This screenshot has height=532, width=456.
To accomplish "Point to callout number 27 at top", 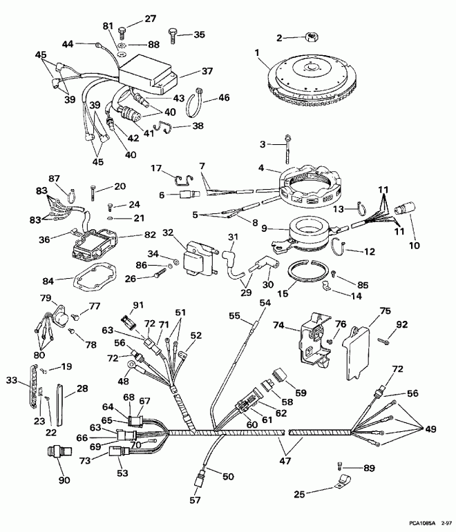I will pyautogui.click(x=150, y=19).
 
